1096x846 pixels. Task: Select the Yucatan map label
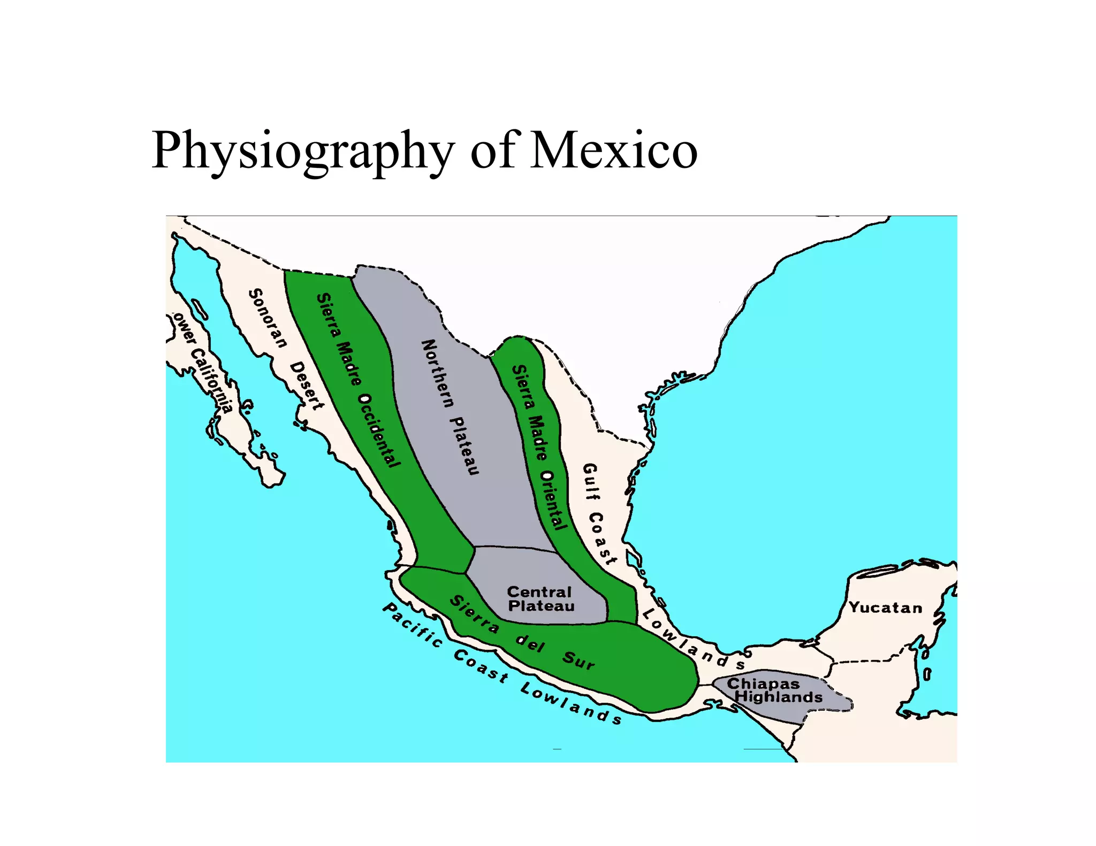click(886, 607)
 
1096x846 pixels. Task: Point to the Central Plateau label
click(541, 599)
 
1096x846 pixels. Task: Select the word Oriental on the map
click(553, 499)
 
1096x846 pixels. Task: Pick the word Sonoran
click(268, 318)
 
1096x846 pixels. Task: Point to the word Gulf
click(591, 481)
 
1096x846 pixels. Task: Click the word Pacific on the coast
click(413, 625)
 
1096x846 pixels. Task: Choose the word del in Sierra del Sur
click(530, 643)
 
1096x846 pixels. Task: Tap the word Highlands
click(779, 697)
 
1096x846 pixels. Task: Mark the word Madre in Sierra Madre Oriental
click(537, 437)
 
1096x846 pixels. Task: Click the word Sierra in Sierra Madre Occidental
click(328, 315)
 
